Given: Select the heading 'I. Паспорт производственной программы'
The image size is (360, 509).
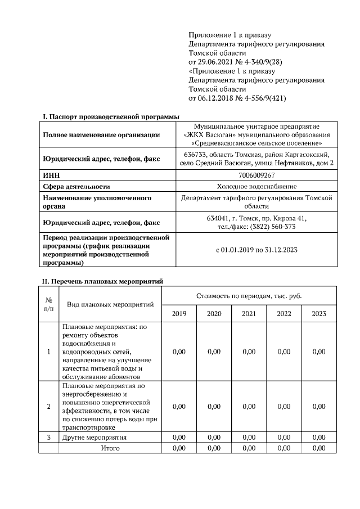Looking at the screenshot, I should coord(111,116).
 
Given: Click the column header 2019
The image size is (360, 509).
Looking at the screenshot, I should coord(179,314).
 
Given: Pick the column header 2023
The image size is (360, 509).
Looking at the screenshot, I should coord(319,314).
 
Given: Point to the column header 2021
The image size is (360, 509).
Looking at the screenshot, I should coord(249,314).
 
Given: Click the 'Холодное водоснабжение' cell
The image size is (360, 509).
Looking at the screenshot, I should coord(256,186).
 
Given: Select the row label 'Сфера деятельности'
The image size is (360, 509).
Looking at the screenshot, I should coord(76,186).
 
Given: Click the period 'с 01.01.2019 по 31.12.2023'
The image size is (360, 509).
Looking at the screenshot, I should coord(256,250).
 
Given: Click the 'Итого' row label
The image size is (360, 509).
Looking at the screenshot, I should coord(110,448).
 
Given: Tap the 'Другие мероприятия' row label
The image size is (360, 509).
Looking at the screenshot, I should coord(94,437).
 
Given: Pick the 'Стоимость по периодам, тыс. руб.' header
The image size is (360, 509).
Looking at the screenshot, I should coord(249,295).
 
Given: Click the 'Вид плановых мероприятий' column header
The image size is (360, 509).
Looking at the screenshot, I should coord(110,304).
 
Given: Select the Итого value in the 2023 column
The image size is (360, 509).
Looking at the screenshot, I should coord(319,448).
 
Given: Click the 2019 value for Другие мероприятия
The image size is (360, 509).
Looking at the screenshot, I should coord(179,437).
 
